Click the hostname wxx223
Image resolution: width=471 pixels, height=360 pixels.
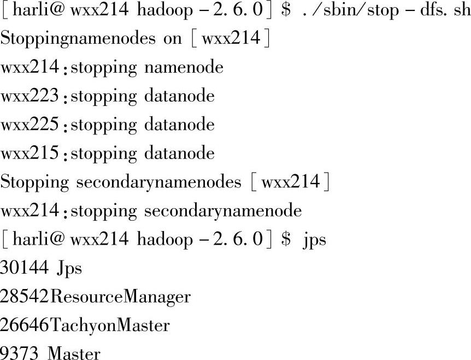click(29, 97)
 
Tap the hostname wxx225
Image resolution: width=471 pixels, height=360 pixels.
click(29, 125)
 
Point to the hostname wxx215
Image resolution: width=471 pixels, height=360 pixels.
click(29, 154)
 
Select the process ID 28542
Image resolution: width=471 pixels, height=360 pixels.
click(25, 297)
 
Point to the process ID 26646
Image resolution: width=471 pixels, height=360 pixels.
click(25, 325)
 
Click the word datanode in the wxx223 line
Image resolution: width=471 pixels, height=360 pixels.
click(179, 97)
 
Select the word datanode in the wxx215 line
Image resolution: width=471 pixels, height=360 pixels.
click(179, 154)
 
